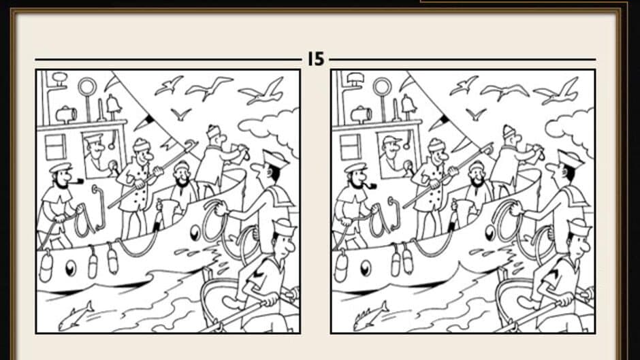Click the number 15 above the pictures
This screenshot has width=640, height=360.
point(316,59)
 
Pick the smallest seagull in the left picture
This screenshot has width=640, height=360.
point(180,114)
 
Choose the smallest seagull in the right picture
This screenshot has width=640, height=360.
point(475,114)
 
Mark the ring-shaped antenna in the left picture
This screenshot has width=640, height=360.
point(87,87)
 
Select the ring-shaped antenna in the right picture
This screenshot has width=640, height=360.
point(382,87)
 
